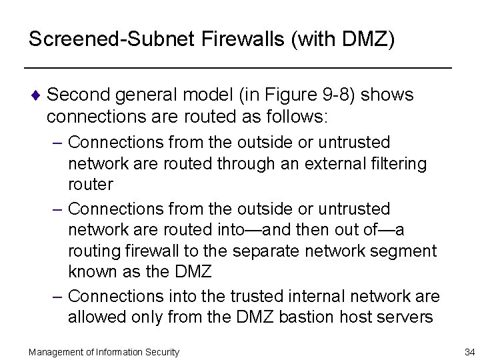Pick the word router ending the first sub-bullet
[x=90, y=184]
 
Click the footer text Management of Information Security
[x=103, y=351]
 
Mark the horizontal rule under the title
[x=238, y=69]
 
